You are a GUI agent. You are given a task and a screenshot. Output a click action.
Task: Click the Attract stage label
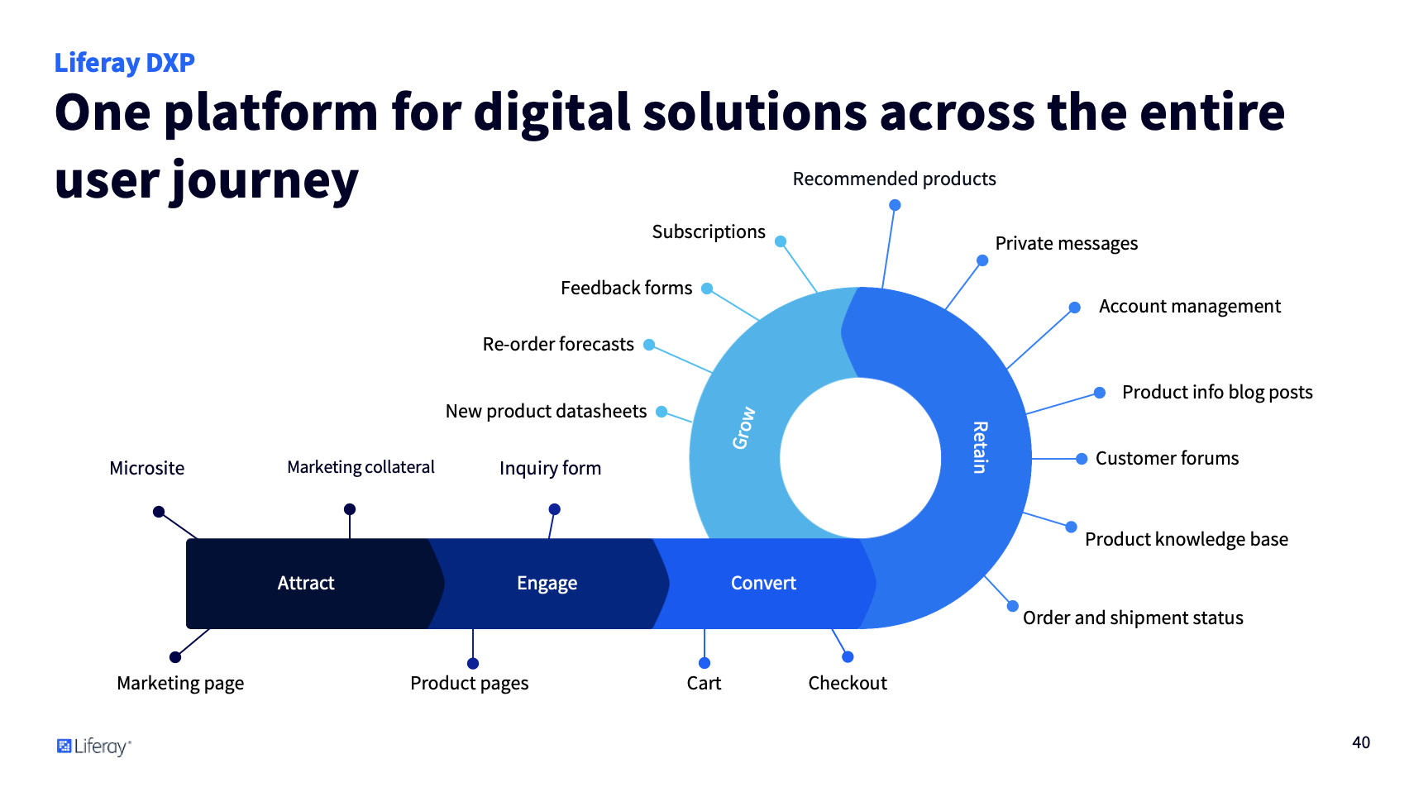click(306, 583)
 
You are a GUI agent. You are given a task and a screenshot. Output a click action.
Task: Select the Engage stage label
click(547, 583)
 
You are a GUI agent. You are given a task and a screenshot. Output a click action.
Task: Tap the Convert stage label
click(763, 583)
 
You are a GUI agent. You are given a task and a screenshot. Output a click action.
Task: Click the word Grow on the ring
click(743, 427)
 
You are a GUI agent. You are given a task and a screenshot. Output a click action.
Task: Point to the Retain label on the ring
click(980, 447)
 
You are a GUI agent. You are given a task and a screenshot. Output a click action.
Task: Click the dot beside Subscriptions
click(781, 241)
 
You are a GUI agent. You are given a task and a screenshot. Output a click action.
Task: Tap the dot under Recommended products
click(895, 205)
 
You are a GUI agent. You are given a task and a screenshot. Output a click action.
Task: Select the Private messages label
click(1066, 243)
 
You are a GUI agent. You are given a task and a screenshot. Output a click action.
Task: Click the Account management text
click(1189, 306)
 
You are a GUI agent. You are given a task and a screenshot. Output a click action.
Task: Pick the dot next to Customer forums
click(1082, 459)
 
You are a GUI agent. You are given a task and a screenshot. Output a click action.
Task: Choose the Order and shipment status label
click(1133, 618)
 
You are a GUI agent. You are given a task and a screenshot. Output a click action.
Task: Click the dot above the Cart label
click(704, 663)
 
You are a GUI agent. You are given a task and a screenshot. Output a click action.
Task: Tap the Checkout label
click(848, 683)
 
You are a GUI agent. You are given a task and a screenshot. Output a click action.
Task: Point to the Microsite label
click(147, 468)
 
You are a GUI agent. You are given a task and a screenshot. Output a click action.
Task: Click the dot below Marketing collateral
click(350, 509)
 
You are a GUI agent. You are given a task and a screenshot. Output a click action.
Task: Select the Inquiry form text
click(550, 468)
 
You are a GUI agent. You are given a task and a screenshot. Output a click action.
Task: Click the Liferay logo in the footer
click(93, 747)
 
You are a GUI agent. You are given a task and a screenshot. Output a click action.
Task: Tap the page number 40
click(1361, 742)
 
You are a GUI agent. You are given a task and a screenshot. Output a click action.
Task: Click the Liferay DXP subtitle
click(125, 63)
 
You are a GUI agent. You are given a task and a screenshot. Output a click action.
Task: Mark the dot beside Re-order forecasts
click(649, 345)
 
